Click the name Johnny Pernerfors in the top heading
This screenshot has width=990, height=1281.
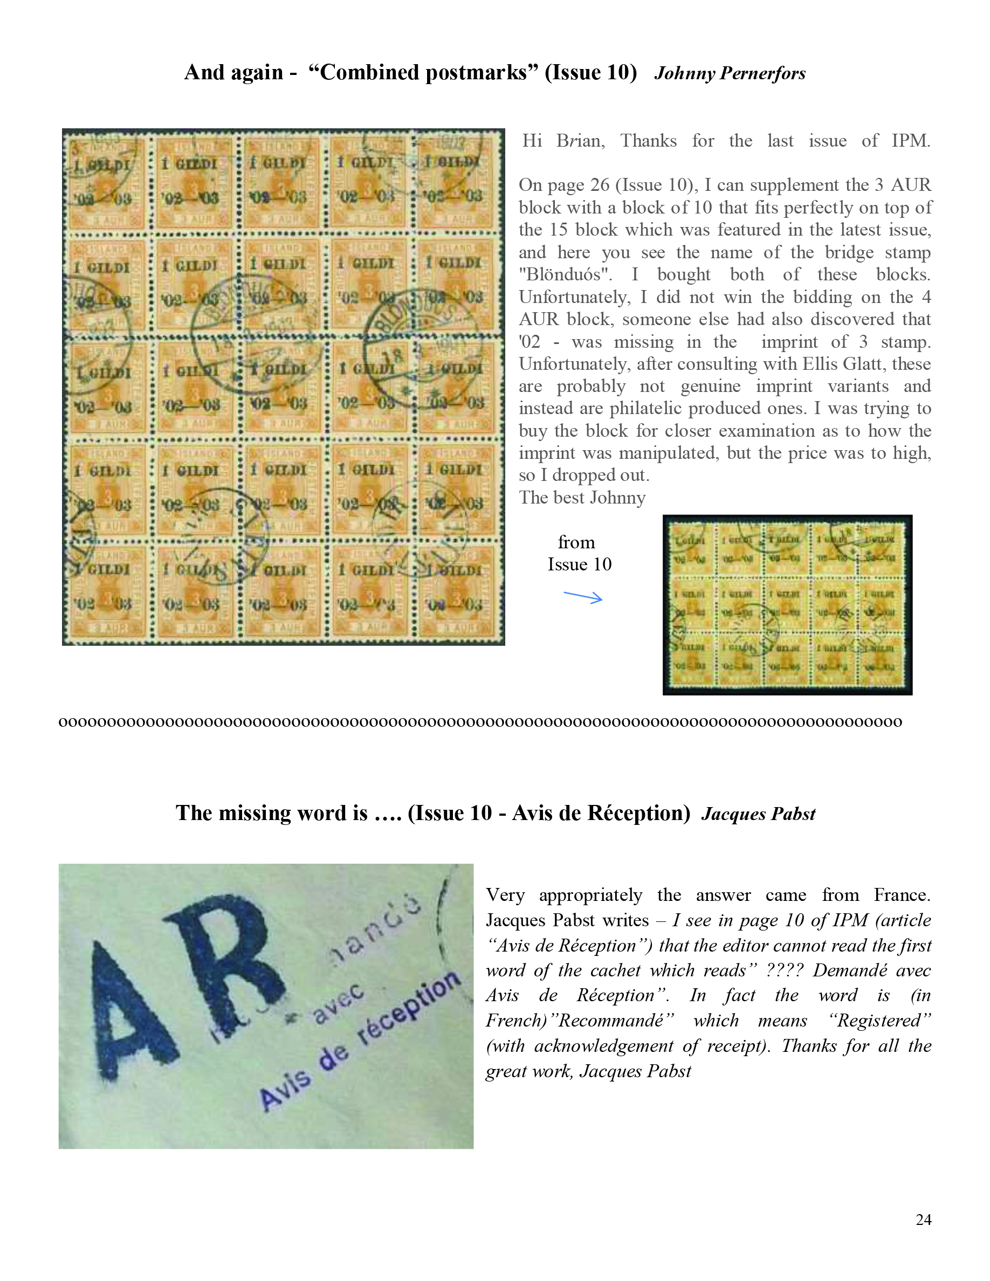coord(730,73)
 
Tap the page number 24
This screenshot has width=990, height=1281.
coord(923,1220)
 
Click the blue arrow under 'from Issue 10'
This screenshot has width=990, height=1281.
coord(582,597)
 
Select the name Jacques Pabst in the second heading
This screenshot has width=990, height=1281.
coord(758,814)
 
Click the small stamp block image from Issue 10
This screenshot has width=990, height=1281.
coord(787,605)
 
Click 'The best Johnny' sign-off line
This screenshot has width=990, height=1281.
coord(582,498)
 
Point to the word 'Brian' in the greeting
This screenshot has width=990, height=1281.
coord(580,141)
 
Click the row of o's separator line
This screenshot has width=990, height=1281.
coord(480,721)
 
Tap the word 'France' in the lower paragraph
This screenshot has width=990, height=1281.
coord(901,895)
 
